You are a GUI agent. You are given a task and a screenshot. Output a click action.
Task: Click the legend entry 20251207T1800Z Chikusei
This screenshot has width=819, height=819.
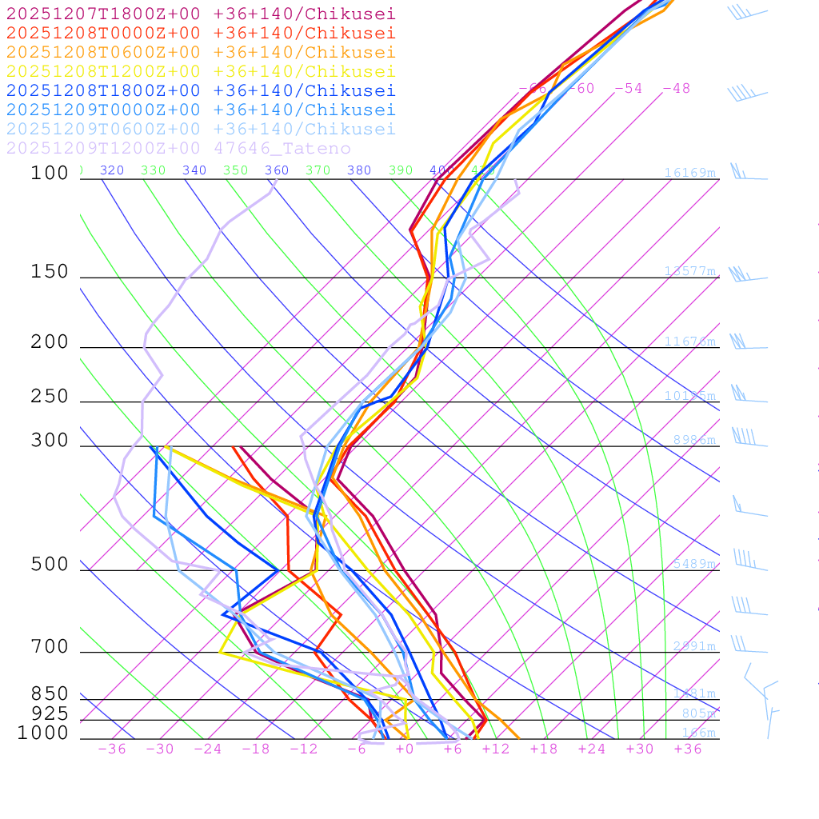coord(200,14)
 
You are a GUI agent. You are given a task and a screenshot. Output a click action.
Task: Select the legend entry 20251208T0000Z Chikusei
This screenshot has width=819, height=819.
coord(200,33)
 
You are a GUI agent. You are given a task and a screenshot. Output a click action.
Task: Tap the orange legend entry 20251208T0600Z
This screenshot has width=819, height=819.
coord(200,52)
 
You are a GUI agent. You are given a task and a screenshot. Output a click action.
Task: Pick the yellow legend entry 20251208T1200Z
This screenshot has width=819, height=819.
coord(200,71)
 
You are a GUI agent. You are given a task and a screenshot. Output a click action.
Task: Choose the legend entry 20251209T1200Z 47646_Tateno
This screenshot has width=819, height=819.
coord(178,148)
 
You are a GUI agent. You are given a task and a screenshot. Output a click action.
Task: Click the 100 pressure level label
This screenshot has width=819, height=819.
coord(50,173)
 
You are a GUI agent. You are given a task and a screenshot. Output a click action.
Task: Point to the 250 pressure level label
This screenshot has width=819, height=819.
coord(50,397)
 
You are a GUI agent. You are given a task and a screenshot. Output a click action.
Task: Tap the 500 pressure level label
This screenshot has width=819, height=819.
coord(50,565)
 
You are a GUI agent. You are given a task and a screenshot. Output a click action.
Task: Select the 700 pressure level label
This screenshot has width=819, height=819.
coord(50,647)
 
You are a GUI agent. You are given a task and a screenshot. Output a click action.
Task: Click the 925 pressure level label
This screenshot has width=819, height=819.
coord(50,713)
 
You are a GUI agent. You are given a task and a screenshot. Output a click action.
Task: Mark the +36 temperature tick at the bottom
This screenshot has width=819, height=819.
coord(688,749)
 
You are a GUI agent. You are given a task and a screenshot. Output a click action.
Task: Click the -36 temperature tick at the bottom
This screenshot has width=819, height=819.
coord(112,749)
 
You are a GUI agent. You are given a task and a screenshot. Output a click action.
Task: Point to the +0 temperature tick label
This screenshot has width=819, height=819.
coord(405,749)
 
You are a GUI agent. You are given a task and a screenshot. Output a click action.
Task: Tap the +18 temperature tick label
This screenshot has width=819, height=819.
coord(544,749)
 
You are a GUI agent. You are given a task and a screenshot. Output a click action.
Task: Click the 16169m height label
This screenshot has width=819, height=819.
coord(689,173)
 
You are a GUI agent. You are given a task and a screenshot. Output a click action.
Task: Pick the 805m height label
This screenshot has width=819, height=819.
coord(698,713)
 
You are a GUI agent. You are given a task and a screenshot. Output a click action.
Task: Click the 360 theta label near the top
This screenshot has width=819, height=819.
coord(277,170)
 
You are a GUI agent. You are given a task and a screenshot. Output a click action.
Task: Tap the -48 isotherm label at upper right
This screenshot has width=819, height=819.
coord(676,88)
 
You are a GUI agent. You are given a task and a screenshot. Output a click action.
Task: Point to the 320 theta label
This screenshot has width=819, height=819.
coord(112,170)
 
